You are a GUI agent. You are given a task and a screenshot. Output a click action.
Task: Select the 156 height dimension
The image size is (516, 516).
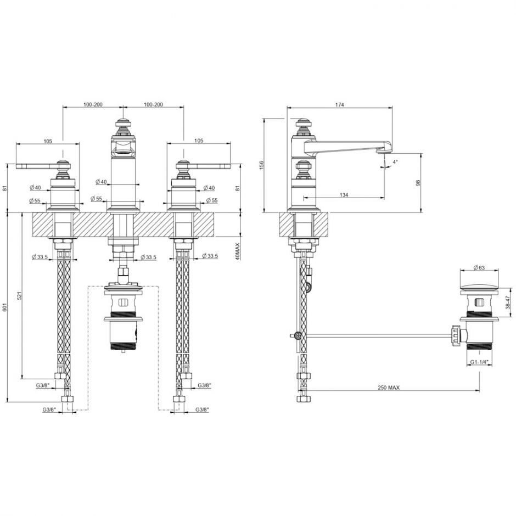coord(262,165)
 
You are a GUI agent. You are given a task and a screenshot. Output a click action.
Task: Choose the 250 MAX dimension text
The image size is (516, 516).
coord(389,388)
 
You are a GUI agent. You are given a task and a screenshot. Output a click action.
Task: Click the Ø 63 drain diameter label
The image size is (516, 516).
coord(479,268)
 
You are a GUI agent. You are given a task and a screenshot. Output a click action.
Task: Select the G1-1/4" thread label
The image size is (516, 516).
coord(480,362)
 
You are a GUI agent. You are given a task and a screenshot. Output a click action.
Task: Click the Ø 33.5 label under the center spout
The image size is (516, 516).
coord(148,257)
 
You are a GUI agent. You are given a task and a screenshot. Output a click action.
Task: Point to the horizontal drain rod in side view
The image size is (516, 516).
coord(373,334)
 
